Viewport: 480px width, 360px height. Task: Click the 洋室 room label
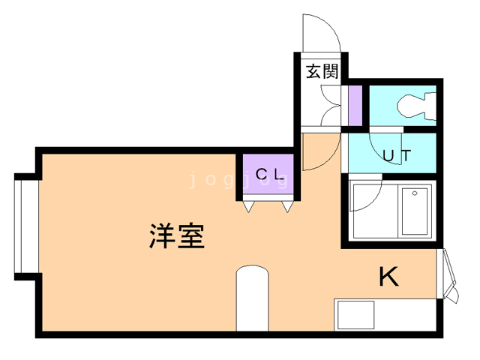(x=177, y=236)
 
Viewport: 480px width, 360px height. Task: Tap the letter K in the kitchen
(x=388, y=277)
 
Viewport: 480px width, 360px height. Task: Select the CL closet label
(x=269, y=175)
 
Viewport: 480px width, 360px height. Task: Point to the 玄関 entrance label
(x=322, y=71)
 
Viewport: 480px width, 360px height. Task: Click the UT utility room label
(x=397, y=155)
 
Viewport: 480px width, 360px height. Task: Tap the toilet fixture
(x=416, y=106)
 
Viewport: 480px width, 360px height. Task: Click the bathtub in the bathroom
(x=415, y=211)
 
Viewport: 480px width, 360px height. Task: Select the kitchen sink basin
(x=355, y=315)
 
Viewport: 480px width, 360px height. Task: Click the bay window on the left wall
(x=27, y=226)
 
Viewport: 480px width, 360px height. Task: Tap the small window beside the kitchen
(x=447, y=275)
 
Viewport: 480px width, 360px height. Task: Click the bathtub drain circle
(x=415, y=193)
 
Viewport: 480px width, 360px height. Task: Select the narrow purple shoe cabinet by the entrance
(x=355, y=105)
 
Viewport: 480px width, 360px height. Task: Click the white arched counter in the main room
(x=253, y=298)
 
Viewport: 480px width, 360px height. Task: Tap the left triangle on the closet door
(x=248, y=207)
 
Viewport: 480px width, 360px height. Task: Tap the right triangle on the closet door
(x=287, y=207)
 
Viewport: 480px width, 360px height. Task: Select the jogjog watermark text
(x=238, y=180)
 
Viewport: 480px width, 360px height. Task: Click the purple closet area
(x=268, y=174)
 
